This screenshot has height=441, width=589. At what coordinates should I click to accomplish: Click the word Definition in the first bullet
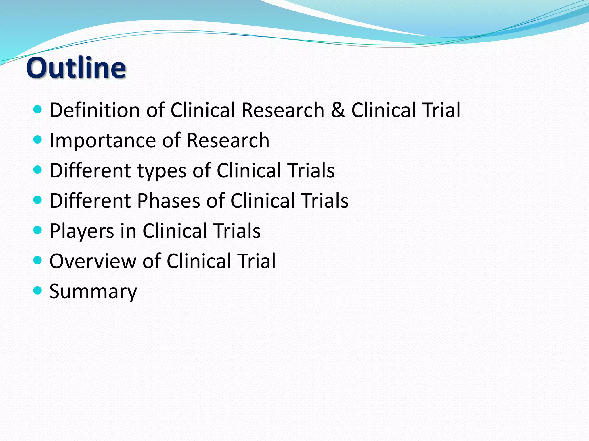tap(95, 110)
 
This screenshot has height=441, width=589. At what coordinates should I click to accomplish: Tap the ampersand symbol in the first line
tap(338, 110)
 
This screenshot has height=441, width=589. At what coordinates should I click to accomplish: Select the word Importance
tap(102, 140)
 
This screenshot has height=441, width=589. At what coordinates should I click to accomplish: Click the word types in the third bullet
tap(161, 171)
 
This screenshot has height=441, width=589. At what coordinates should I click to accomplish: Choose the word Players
tap(82, 231)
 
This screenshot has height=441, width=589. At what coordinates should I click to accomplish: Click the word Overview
tap(93, 261)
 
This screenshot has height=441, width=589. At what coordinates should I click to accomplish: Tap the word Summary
tap(93, 292)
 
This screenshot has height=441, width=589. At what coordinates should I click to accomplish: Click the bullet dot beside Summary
tap(38, 290)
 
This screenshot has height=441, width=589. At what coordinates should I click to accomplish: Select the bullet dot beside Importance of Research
tap(38, 140)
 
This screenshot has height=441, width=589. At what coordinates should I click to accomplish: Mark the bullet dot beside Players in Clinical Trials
tap(38, 230)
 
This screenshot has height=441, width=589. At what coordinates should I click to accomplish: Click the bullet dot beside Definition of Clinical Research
tap(38, 109)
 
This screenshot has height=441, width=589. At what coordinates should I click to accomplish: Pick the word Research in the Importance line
tap(228, 140)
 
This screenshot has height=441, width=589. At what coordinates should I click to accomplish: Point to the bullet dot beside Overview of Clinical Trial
tap(38, 260)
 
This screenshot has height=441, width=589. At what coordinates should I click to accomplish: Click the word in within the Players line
tap(128, 231)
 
